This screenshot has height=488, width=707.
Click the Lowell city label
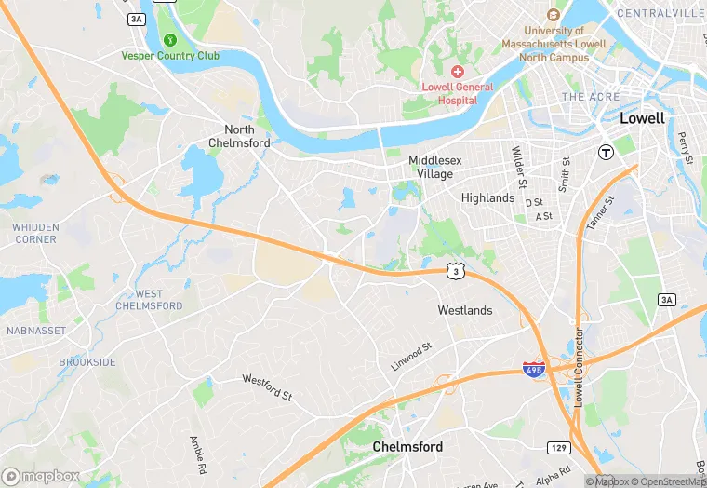coord(643,118)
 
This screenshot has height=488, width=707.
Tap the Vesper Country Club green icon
coord(170,40)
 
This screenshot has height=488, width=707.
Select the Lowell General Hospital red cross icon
coord(457,72)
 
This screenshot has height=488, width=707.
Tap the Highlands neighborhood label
coord(487,198)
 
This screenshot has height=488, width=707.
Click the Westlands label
coord(465,310)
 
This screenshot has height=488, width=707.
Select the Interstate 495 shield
coord(534,369)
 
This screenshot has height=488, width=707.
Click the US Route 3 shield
coord(454,270)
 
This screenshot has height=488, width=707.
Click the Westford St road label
coord(267,386)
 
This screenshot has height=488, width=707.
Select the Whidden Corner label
coord(35,233)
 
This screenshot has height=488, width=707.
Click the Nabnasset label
coord(34,330)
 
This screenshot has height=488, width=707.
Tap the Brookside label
coord(87,361)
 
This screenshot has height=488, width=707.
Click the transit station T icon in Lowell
coord(606,152)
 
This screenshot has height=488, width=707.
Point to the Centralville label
coord(660,13)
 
